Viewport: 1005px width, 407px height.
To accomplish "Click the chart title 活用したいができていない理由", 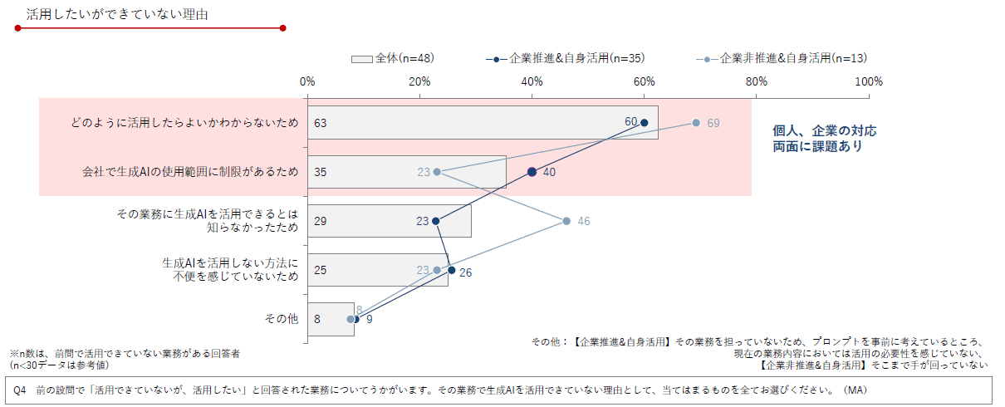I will [x=116, y=14].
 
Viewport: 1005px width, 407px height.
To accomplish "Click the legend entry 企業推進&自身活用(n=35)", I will [x=566, y=58].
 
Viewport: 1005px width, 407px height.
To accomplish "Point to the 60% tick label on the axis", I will [x=645, y=81].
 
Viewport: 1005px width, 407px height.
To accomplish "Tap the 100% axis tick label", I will [x=869, y=81].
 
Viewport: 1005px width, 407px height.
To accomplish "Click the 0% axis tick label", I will [x=307, y=81].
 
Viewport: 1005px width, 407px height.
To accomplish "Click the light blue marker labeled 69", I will [x=696, y=123].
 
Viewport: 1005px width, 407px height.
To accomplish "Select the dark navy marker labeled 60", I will [x=645, y=123].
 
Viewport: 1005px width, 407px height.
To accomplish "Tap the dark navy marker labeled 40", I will [x=532, y=172].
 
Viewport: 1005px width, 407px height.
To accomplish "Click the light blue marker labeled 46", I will [x=566, y=221].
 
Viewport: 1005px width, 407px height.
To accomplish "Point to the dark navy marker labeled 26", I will [x=451, y=270].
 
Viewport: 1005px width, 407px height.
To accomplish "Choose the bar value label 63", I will [x=321, y=123].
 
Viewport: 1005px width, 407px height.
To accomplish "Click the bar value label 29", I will [x=321, y=221].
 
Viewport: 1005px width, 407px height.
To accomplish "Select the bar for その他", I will [x=331, y=319].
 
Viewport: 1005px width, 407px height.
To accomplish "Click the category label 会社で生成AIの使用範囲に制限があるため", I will [x=189, y=172].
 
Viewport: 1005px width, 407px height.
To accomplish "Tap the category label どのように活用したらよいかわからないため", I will [x=184, y=123].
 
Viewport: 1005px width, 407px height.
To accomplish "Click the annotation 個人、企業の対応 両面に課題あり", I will [x=824, y=139].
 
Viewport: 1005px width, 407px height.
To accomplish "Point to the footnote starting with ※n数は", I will [x=125, y=358].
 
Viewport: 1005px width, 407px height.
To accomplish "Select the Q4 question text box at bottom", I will [x=502, y=389].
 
